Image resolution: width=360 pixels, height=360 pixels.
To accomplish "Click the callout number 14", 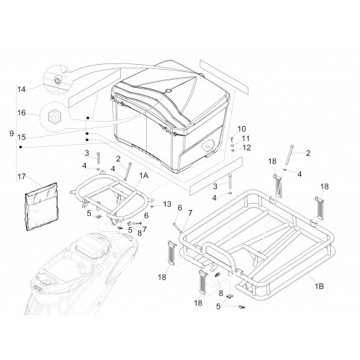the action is [x=22, y=90].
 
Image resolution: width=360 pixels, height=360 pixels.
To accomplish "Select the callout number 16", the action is [x=22, y=112].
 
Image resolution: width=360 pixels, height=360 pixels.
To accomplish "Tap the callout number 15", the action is [x=22, y=138].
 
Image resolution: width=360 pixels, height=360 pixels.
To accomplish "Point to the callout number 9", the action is [x=12, y=133].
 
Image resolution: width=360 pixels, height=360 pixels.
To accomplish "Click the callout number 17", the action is [x=22, y=177].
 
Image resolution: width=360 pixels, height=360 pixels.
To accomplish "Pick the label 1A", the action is [x=144, y=176].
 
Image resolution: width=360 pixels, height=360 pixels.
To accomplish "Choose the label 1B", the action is [x=319, y=286].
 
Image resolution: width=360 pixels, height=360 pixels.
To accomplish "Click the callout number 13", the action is [x=167, y=204].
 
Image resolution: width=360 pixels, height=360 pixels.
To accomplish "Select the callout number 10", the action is [x=241, y=129].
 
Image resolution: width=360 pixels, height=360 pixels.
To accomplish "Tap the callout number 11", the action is [x=246, y=138].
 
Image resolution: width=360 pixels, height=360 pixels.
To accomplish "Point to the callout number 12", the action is [x=246, y=148].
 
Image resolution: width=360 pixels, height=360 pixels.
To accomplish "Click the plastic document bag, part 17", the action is [x=42, y=207].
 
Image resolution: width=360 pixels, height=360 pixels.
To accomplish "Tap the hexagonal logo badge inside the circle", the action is [x=53, y=117].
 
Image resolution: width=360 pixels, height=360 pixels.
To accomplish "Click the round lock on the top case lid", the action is [x=168, y=91].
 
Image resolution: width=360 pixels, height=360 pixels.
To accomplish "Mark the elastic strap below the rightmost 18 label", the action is [x=320, y=208].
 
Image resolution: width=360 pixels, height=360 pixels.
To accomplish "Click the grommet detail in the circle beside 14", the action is [x=58, y=80].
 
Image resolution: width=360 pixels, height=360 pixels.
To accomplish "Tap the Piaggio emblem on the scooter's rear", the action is [x=37, y=288].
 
